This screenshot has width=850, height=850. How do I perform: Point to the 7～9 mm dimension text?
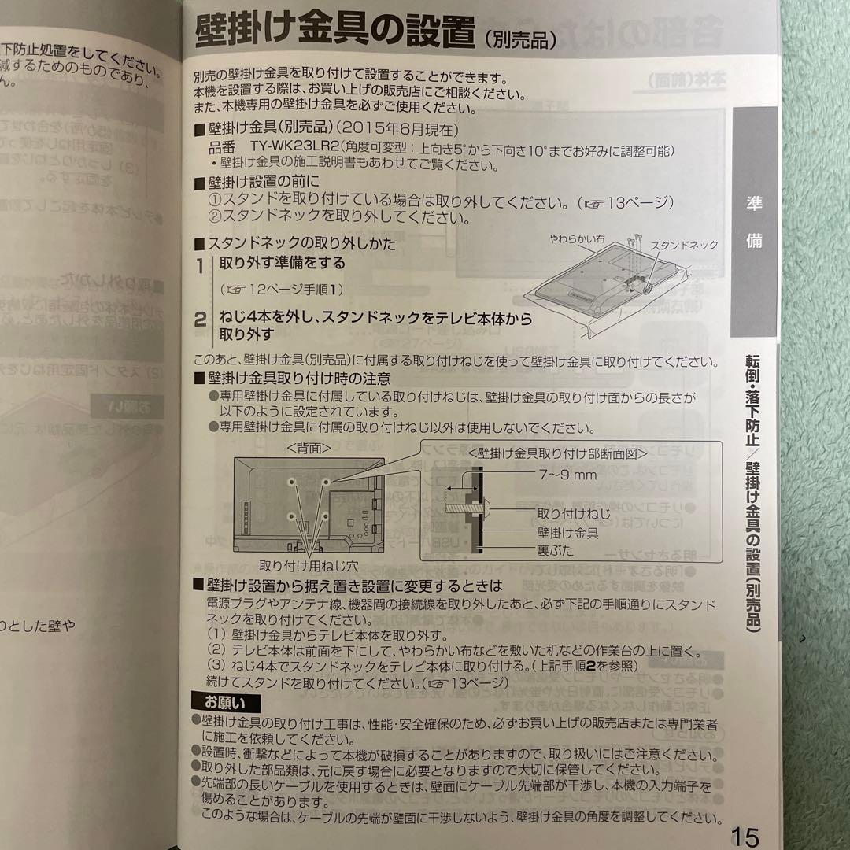click(567, 475)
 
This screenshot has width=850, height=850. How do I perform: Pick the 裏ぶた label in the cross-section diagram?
click(556, 551)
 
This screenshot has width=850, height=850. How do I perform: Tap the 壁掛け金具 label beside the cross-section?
click(567, 533)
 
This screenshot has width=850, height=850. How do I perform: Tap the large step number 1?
click(201, 265)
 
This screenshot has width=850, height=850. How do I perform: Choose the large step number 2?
click(201, 320)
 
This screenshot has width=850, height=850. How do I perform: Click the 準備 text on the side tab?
click(754, 222)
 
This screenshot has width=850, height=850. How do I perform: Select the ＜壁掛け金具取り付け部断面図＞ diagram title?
click(556, 453)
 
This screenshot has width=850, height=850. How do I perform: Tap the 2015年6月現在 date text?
click(412, 129)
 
